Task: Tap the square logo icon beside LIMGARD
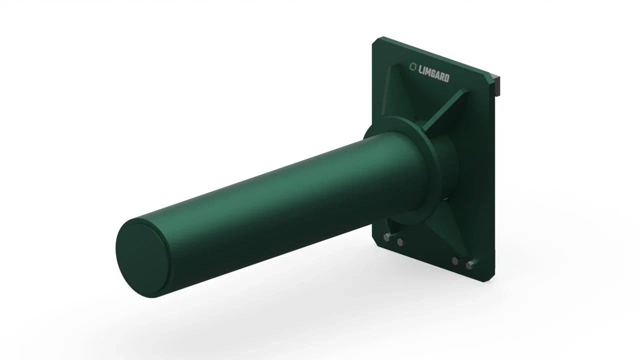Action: pos(413,66)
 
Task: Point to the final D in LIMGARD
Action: pos(447,78)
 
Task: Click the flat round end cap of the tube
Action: pos(142,259)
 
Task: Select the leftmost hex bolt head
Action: pos(386,237)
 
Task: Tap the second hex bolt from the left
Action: pos(400,242)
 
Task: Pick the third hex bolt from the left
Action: pos(455,261)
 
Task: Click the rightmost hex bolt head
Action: pos(469,265)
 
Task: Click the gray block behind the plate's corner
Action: pos(496,85)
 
